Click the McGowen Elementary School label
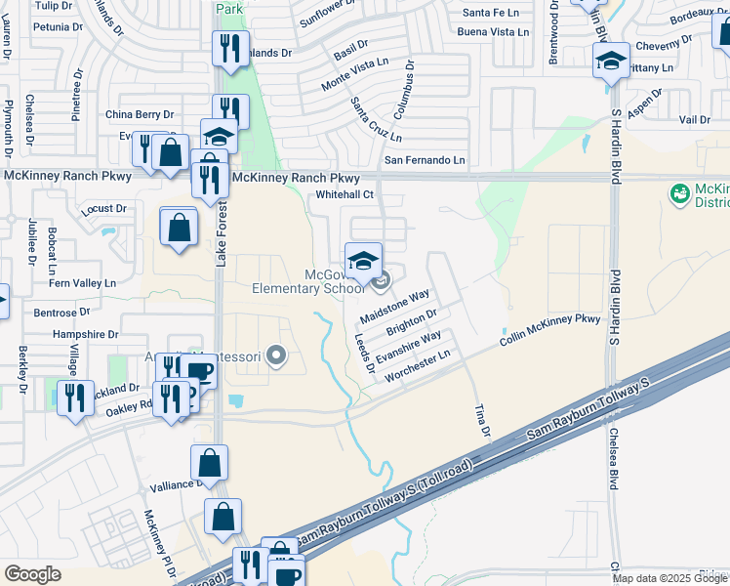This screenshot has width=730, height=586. (x=307, y=280)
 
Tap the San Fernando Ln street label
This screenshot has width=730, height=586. (x=425, y=160)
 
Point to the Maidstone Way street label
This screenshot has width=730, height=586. (x=395, y=307)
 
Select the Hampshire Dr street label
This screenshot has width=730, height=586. (x=85, y=333)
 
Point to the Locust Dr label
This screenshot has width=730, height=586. (x=104, y=208)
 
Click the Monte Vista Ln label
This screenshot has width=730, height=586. (x=355, y=75)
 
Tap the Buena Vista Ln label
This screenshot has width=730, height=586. (x=494, y=32)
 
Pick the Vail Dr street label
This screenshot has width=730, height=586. (x=695, y=119)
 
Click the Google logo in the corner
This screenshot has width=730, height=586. (x=32, y=574)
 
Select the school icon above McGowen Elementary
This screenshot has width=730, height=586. (x=363, y=260)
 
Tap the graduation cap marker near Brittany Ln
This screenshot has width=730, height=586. (x=611, y=62)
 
